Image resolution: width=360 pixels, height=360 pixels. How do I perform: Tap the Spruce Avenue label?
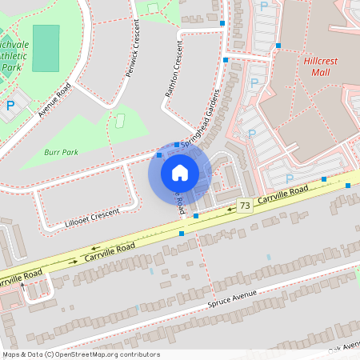(232, 299)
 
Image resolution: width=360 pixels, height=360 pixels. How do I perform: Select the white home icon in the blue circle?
(180, 173)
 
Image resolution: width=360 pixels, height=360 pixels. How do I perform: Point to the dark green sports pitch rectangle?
(46, 48)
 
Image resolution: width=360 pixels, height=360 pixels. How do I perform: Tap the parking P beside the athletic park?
(10, 104)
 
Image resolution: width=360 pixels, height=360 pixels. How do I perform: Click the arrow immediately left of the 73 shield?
(231, 210)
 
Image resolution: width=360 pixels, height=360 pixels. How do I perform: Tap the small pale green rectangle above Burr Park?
(122, 121)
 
